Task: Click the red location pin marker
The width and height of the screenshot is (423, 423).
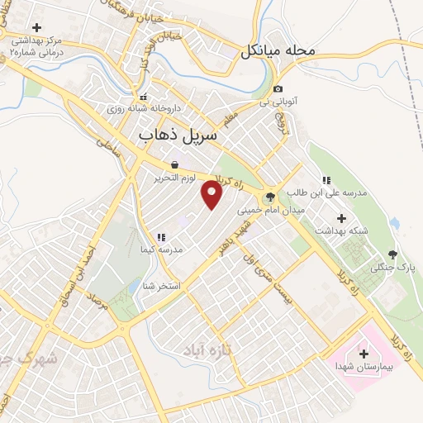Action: pos(212,195)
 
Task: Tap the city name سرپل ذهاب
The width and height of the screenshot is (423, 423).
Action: pos(176,132)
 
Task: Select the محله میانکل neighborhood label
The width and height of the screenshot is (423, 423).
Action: pos(278,51)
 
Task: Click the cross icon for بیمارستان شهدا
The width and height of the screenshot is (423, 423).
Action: pos(364,354)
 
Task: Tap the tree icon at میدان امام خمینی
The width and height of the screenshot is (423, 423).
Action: pos(268,197)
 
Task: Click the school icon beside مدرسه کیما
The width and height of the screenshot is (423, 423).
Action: pos(161,237)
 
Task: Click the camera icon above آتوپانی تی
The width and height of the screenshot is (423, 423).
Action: pos(278,89)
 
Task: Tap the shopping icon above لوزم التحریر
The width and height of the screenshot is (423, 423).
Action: pos(174,164)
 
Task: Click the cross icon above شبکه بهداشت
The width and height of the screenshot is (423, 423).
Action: pos(342,217)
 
